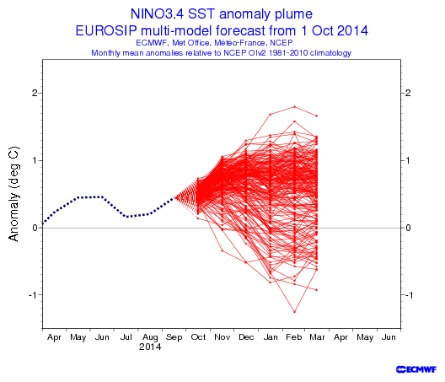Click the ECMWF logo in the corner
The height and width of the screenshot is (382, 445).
click(x=416, y=369)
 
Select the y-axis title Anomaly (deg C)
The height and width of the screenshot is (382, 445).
click(x=13, y=194)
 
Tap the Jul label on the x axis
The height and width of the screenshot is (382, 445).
click(x=126, y=337)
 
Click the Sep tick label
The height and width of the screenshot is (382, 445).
click(x=174, y=337)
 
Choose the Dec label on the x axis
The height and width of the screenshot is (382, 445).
click(x=246, y=337)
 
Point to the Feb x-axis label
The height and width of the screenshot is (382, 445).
click(x=294, y=337)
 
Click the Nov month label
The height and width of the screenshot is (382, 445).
click(x=222, y=337)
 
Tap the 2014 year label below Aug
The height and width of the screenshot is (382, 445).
click(x=150, y=347)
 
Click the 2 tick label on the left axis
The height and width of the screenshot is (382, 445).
click(x=35, y=93)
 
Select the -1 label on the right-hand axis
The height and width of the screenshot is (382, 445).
click(x=409, y=295)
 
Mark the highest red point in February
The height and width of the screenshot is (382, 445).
click(x=295, y=107)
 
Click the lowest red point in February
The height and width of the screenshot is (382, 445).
click(x=295, y=312)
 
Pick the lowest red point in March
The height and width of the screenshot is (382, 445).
click(x=316, y=290)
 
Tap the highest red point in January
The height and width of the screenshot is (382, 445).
click(x=271, y=115)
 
